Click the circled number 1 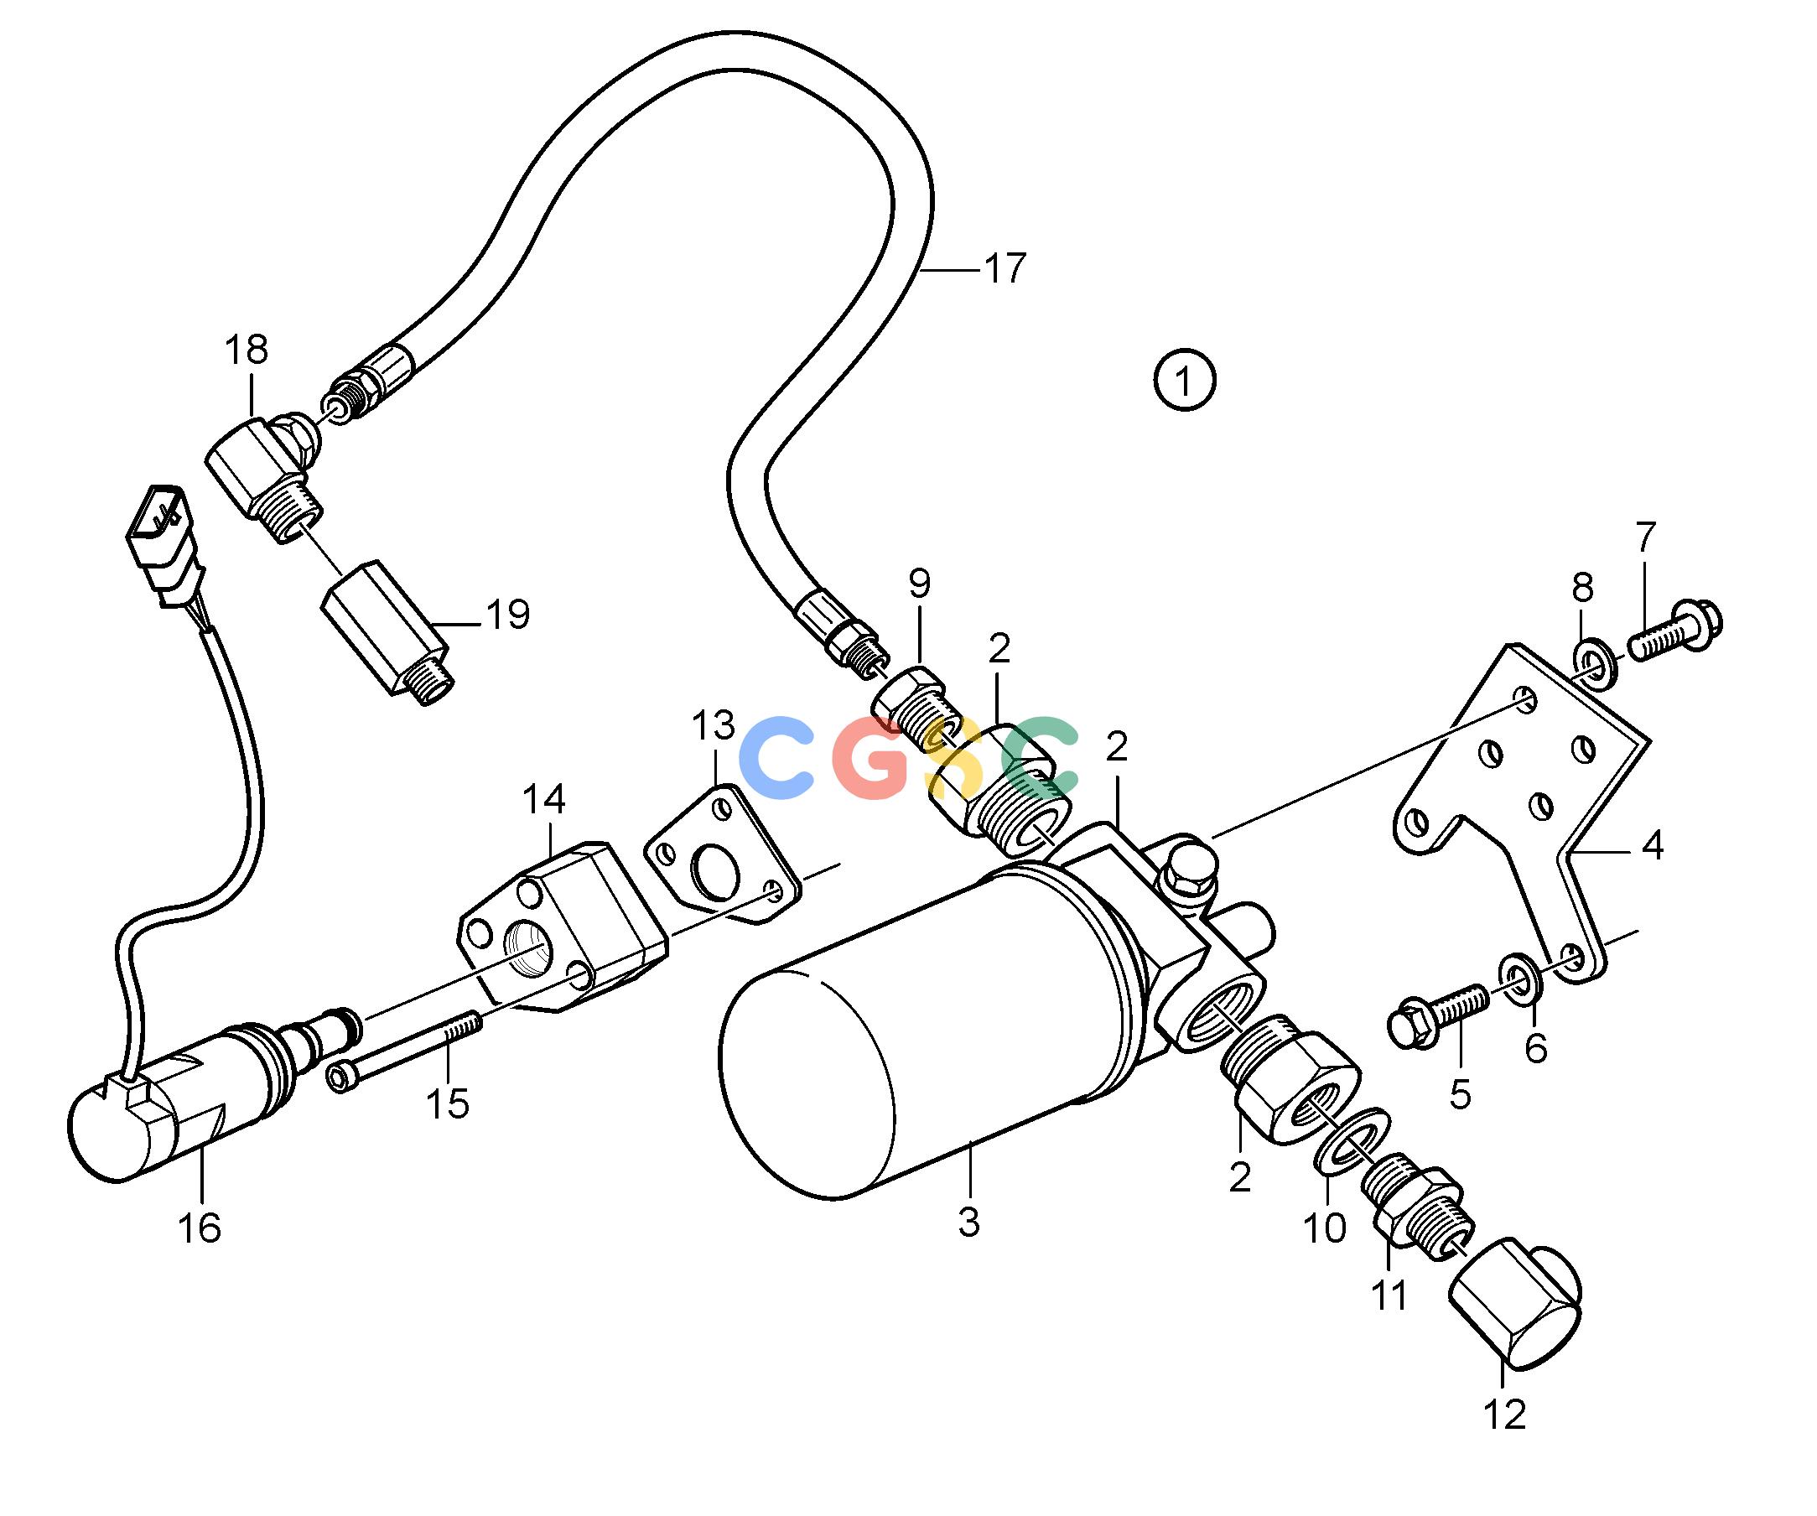1185,380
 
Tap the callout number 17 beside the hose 1005,269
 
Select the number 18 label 247,350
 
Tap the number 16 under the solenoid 200,1228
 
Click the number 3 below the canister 969,1221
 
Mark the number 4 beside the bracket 1653,845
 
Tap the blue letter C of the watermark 776,757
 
